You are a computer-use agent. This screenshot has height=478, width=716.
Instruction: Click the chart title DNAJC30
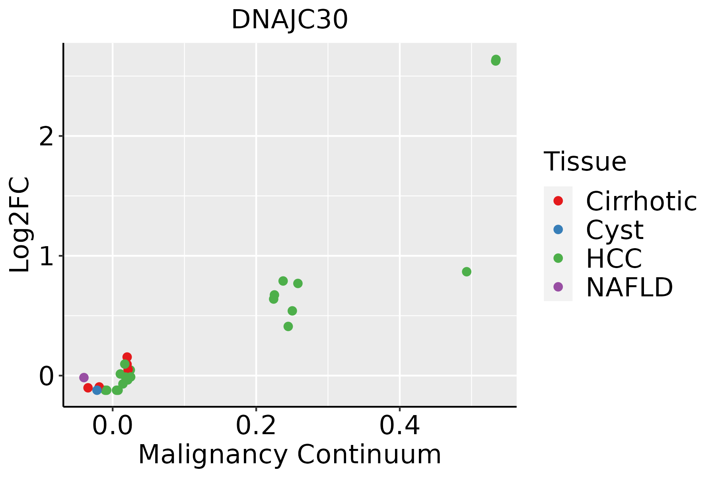[290, 20]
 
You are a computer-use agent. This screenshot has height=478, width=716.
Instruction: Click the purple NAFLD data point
[84, 377]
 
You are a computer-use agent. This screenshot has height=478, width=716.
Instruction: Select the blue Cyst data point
[97, 390]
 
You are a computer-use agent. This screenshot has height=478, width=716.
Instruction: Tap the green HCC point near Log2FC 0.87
[467, 272]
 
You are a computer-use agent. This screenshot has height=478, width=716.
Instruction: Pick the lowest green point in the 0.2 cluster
[288, 327]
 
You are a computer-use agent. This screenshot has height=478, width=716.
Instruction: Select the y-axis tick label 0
[47, 376]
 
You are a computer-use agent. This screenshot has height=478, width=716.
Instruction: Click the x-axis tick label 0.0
[113, 426]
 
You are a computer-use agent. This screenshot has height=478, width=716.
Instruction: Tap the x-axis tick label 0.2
[256, 426]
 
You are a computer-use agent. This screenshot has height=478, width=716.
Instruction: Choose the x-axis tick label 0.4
[399, 426]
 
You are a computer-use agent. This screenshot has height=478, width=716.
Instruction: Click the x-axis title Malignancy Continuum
[290, 455]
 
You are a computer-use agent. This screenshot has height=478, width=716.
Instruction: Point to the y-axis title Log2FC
[20, 225]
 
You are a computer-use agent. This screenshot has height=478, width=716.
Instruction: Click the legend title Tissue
[585, 162]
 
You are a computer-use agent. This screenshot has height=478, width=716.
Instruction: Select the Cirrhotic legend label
[641, 201]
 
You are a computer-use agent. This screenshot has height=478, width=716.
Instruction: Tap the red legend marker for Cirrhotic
[558, 201]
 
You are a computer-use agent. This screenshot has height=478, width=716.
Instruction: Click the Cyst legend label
[615, 230]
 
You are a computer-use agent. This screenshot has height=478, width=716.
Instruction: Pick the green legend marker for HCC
[558, 258]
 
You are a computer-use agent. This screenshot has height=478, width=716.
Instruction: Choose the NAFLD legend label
[629, 287]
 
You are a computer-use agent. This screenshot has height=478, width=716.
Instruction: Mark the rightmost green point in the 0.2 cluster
[298, 283]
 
